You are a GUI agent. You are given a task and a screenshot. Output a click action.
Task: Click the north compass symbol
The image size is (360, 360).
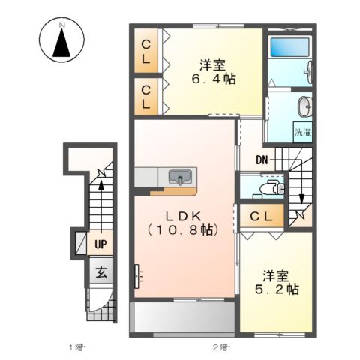coord(62,43)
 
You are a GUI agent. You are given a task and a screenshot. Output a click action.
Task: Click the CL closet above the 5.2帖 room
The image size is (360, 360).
coord(261,217)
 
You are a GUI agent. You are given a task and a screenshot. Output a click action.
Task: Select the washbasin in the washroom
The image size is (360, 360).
coord(304,105)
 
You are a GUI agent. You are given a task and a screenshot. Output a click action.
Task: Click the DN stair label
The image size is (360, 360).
coord(262,159)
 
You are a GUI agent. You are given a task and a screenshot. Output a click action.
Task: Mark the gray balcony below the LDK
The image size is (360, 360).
coord(183,318)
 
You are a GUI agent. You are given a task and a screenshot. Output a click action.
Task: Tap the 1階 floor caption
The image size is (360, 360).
coord(78,347)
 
